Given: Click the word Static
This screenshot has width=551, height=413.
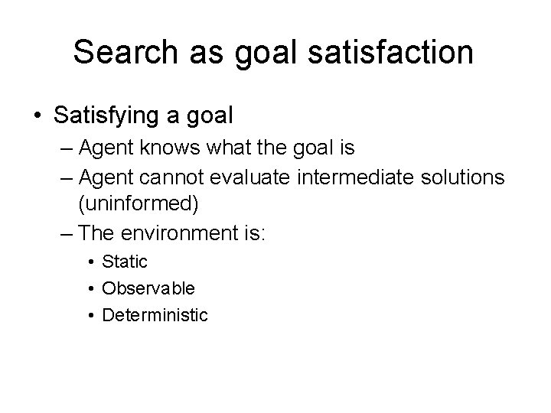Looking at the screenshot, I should (126, 262).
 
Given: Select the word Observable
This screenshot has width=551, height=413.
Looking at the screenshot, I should (148, 288).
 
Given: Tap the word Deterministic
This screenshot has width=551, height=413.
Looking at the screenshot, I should (155, 314).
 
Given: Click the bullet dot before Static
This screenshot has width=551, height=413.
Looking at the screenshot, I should (91, 262).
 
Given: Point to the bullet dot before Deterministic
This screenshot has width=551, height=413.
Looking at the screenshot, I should (91, 315).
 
